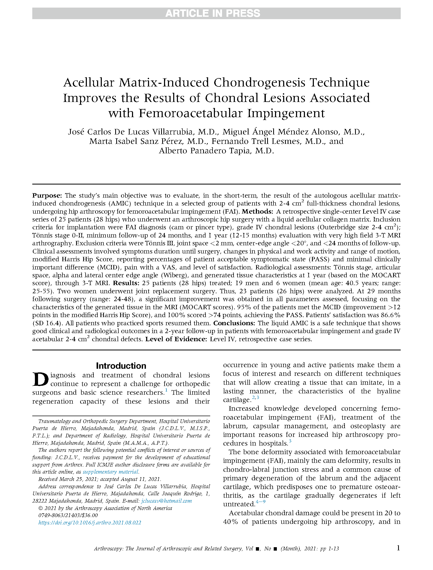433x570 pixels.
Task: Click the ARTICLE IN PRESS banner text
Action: point(213,13)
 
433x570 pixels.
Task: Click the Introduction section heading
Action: point(121,366)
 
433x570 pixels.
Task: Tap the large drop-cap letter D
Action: point(40,379)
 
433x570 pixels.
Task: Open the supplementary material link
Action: point(110,472)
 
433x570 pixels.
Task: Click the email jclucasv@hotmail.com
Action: point(166,501)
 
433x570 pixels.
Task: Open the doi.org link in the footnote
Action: point(90,523)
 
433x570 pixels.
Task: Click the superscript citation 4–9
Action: point(260,502)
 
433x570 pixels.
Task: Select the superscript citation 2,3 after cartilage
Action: point(255,397)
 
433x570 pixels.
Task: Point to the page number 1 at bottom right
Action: point(398,548)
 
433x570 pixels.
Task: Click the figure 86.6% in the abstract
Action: point(389,315)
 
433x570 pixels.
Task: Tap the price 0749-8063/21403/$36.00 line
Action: point(68,515)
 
